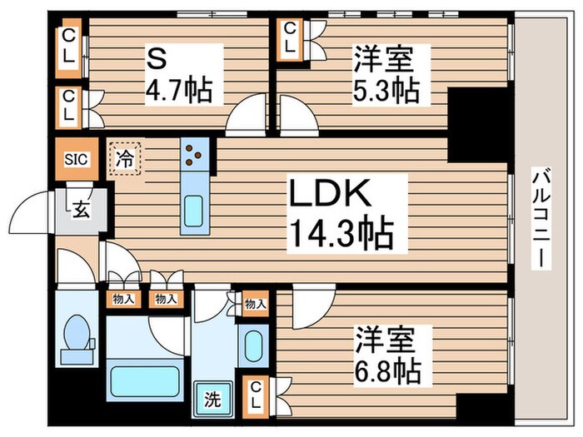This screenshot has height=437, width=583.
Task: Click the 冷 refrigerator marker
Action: point(124,157)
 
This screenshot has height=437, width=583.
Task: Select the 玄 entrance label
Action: point(81,210)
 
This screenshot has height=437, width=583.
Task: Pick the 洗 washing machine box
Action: point(212,398)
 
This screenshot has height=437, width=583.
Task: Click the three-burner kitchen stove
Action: point(194,154)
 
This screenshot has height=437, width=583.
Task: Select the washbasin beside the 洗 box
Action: point(253,344)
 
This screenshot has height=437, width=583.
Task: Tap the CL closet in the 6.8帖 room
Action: point(255,393)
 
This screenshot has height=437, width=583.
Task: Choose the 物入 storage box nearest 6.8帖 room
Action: point(255,304)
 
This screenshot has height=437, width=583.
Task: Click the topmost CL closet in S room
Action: point(67,47)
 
